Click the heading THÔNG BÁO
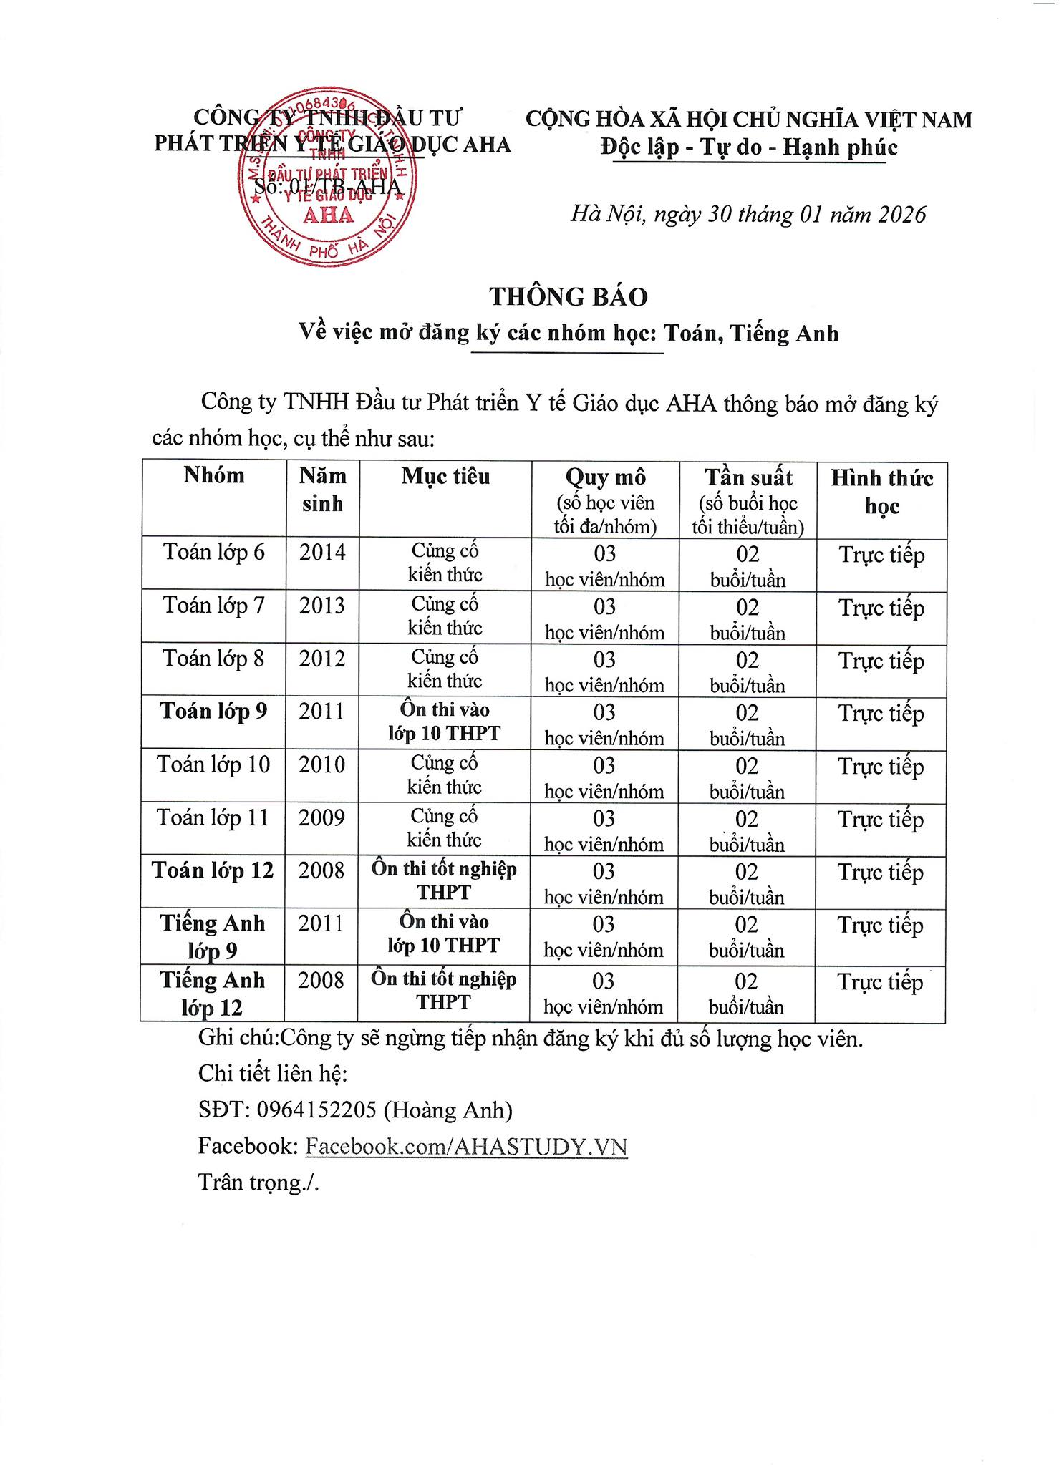pyautogui.click(x=569, y=296)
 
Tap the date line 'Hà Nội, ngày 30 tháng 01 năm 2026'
pyautogui.click(x=748, y=214)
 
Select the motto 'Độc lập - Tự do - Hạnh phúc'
pyautogui.click(x=749, y=147)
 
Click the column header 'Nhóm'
pyautogui.click(x=213, y=475)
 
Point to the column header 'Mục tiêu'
pyautogui.click(x=445, y=477)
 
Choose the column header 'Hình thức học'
pyautogui.click(x=881, y=492)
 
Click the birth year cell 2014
pyautogui.click(x=322, y=553)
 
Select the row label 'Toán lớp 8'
pyautogui.click(x=213, y=659)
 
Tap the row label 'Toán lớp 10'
pyautogui.click(x=213, y=764)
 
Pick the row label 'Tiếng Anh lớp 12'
pyautogui.click(x=212, y=994)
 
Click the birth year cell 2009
pyautogui.click(x=321, y=817)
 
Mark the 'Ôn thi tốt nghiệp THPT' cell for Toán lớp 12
pyautogui.click(x=444, y=880)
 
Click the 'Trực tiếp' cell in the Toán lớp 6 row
pyautogui.click(x=881, y=555)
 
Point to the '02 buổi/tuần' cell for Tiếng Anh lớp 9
pyautogui.click(x=746, y=936)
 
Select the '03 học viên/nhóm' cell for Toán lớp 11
pyautogui.click(x=604, y=830)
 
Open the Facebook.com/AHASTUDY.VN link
pyautogui.click(x=466, y=1147)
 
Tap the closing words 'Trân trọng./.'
pyautogui.click(x=258, y=1183)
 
